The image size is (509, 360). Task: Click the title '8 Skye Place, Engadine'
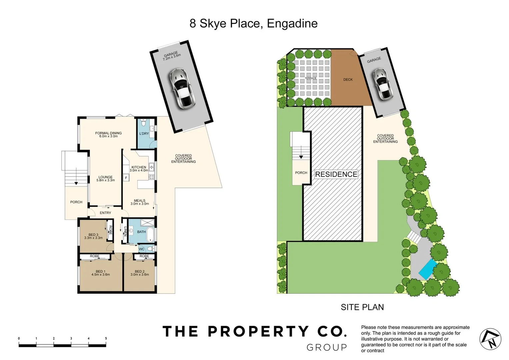point(253,24)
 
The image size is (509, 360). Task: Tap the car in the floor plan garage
point(182,88)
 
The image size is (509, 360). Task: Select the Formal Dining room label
point(108,134)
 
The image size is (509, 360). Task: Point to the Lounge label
point(105,179)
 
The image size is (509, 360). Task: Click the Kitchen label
point(139,169)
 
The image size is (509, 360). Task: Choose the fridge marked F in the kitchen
point(126,178)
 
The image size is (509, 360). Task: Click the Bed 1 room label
point(100,273)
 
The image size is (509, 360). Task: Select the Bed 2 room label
point(140,273)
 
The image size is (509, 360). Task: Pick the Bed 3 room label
point(93,236)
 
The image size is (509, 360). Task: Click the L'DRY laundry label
point(144,134)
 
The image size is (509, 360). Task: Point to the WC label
point(142,249)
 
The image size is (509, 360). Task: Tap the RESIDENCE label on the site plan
point(336,174)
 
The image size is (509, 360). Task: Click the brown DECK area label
point(348,80)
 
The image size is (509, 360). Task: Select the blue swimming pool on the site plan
point(427,269)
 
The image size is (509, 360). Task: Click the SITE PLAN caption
point(362,307)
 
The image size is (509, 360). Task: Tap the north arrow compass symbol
point(490,339)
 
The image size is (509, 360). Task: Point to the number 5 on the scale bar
point(106,339)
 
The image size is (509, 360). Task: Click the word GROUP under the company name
point(327,348)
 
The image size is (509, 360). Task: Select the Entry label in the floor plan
point(105,213)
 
